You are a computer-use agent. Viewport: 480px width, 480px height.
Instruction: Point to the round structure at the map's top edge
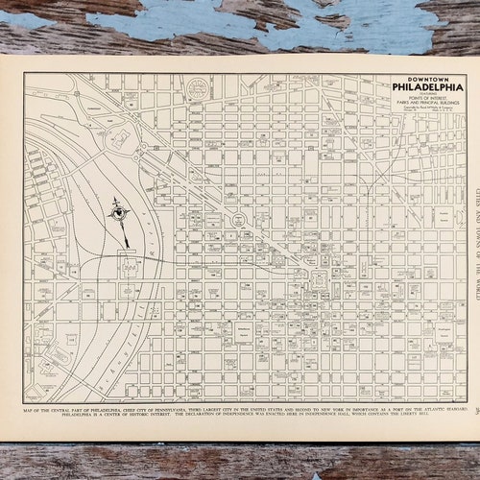point(198,88)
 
